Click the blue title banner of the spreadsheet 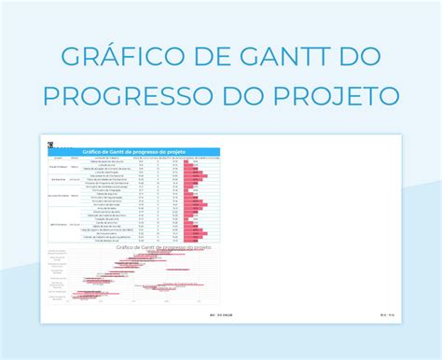tap(134, 152)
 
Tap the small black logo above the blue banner tap(54, 143)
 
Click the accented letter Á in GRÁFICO tap(91, 56)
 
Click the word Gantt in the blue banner tap(117, 152)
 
